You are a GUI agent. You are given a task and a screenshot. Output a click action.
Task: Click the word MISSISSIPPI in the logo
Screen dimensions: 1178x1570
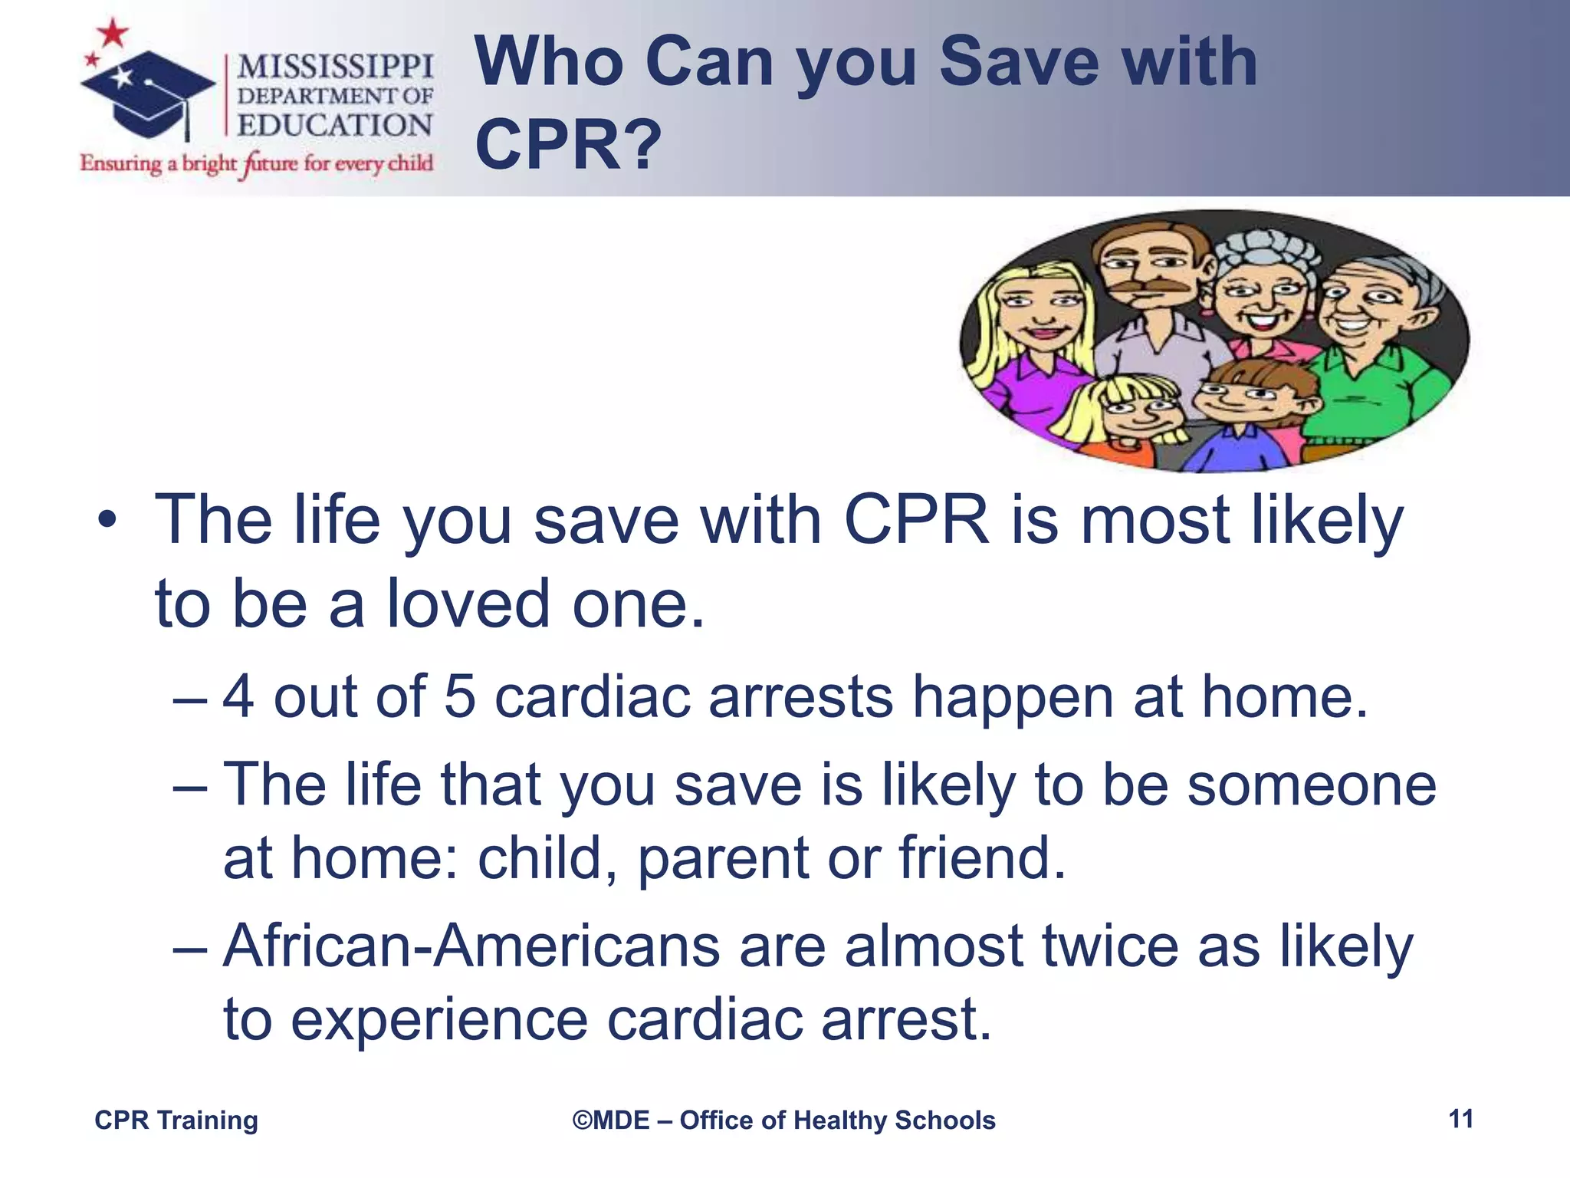pos(335,67)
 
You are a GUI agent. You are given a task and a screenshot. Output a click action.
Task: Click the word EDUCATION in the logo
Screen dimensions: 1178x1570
pos(335,125)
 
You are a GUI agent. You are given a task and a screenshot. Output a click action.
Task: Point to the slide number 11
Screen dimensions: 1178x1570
pos(1461,1119)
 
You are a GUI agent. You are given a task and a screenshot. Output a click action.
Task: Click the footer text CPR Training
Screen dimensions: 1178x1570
pos(176,1120)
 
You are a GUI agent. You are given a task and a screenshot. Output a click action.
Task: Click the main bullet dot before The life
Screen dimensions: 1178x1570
pos(107,521)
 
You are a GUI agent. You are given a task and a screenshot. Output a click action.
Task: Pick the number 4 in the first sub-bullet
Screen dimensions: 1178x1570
pos(238,696)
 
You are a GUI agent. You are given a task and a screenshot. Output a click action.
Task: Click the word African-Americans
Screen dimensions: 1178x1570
pos(471,946)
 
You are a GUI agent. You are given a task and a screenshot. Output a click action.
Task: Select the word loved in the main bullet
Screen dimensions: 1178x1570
pos(468,604)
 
